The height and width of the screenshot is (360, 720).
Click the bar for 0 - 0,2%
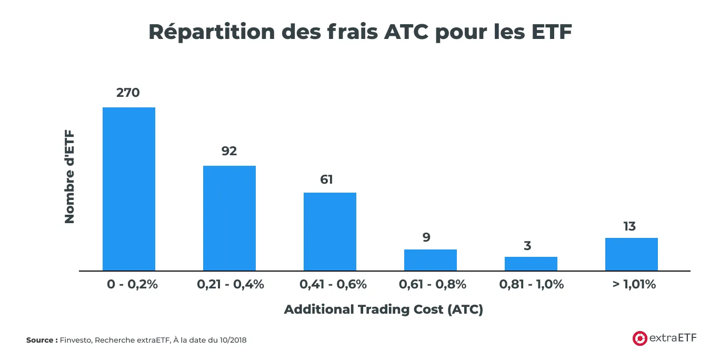click(x=129, y=189)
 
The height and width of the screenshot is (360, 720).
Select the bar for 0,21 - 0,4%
click(x=229, y=218)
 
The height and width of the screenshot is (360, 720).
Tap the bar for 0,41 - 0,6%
click(x=330, y=232)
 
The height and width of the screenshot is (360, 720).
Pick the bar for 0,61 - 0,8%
click(x=431, y=260)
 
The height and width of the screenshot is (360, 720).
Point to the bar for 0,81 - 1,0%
click(x=531, y=264)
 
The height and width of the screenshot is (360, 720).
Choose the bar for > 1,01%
click(x=632, y=254)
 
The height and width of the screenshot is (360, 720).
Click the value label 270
click(x=128, y=93)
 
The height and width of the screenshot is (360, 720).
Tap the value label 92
click(x=229, y=151)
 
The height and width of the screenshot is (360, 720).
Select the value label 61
click(x=327, y=179)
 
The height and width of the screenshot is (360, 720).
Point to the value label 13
click(x=629, y=226)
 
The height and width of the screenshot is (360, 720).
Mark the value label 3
click(x=527, y=245)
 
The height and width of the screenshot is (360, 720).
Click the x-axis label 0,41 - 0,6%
click(x=333, y=285)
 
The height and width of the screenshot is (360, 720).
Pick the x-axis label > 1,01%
click(x=634, y=285)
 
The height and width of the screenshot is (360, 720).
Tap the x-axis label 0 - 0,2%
click(x=132, y=285)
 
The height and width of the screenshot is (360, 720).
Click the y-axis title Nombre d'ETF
click(x=69, y=177)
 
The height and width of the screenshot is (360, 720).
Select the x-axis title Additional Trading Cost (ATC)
click(x=384, y=309)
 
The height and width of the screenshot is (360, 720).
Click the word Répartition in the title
click(x=211, y=32)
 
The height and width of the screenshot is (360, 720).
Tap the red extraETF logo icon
click(x=639, y=338)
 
